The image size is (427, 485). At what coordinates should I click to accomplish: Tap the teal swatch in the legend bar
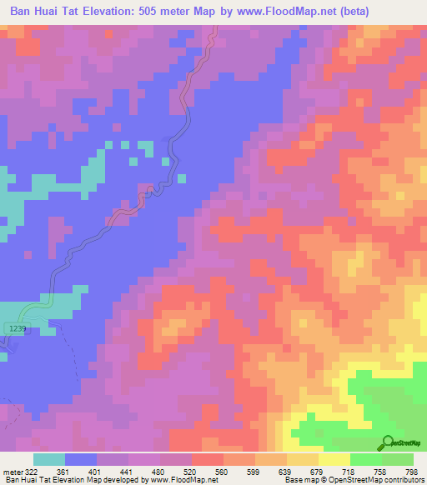(48, 459)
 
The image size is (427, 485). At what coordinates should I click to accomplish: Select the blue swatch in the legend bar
(81, 459)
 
